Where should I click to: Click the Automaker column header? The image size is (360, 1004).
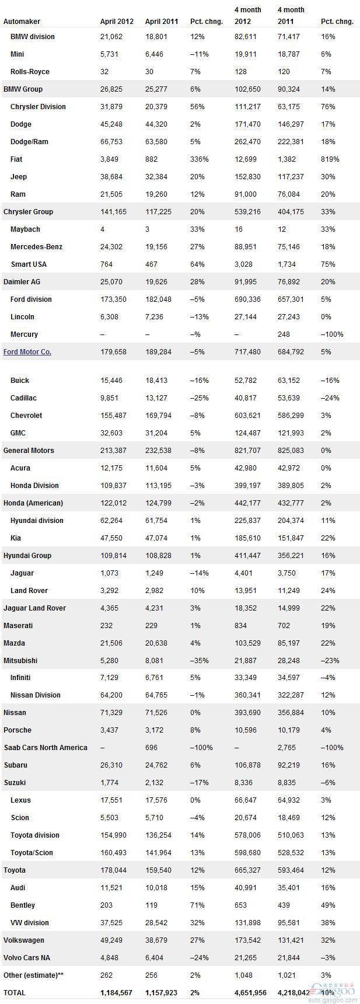point(22,22)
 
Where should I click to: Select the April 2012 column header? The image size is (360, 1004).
point(117,22)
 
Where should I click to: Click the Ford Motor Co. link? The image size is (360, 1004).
point(27,352)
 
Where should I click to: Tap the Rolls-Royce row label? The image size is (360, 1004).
point(30,72)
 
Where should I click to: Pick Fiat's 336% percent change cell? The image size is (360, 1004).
point(198,159)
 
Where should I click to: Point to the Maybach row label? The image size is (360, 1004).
point(25,229)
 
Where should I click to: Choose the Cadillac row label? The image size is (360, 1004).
point(23,398)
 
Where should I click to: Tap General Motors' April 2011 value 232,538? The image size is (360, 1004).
point(158,451)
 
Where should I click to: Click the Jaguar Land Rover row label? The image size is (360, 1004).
point(34,608)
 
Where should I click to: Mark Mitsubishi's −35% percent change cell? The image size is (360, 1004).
point(198,661)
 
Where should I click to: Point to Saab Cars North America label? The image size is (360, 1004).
point(46,748)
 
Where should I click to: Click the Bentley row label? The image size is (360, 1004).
point(23,905)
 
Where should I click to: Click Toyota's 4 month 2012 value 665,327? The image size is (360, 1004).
point(247,870)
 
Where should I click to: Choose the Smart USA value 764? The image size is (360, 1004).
point(107,264)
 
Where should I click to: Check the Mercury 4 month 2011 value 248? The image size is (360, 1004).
point(284,334)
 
